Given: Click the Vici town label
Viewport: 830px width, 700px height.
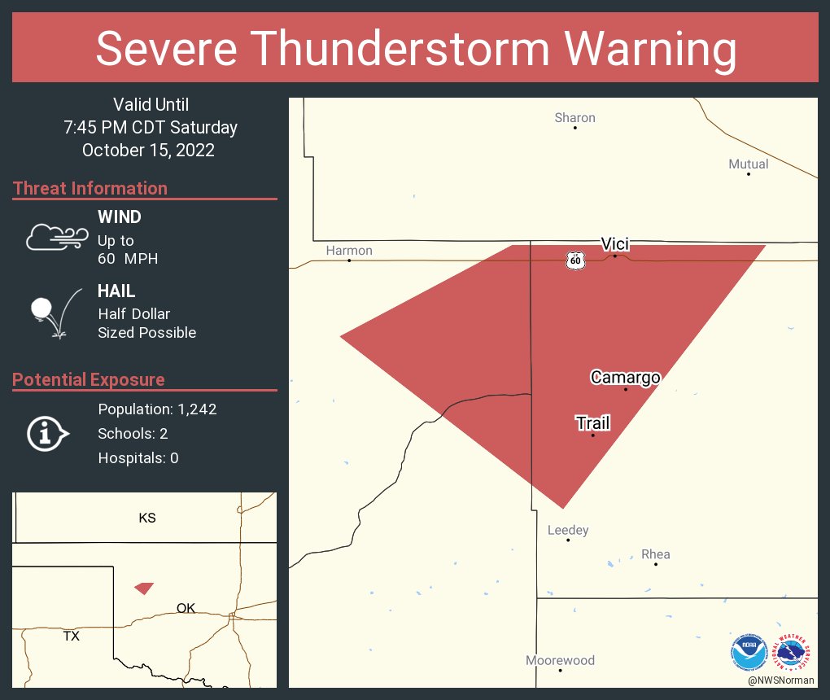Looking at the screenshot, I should point(614,244).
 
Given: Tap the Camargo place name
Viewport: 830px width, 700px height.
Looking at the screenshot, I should point(625,378).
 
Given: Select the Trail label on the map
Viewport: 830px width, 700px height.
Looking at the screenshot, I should point(592,423).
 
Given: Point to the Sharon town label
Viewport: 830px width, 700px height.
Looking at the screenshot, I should point(574,118).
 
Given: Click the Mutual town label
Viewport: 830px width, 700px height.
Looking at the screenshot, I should point(748,164).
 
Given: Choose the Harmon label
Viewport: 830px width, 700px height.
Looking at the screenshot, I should point(349,251).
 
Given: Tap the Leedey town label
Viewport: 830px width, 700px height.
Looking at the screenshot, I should point(568,531).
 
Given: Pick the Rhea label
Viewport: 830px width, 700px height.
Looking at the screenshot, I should point(655,555).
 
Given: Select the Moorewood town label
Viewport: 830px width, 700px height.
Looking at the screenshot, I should point(560,661).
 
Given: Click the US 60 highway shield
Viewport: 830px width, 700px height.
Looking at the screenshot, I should point(575,260).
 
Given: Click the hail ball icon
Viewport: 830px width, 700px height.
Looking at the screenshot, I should point(41,308).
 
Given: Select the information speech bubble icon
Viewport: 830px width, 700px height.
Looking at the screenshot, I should point(47,434).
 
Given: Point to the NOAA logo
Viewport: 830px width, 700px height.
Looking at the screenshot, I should point(749,653).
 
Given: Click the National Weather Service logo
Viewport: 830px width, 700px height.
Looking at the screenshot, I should point(793,653).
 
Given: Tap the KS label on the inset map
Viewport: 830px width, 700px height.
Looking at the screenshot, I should point(146,518).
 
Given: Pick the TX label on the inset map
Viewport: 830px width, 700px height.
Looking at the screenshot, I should point(72,637).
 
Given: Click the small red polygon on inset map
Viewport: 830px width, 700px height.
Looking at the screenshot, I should point(144,588).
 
